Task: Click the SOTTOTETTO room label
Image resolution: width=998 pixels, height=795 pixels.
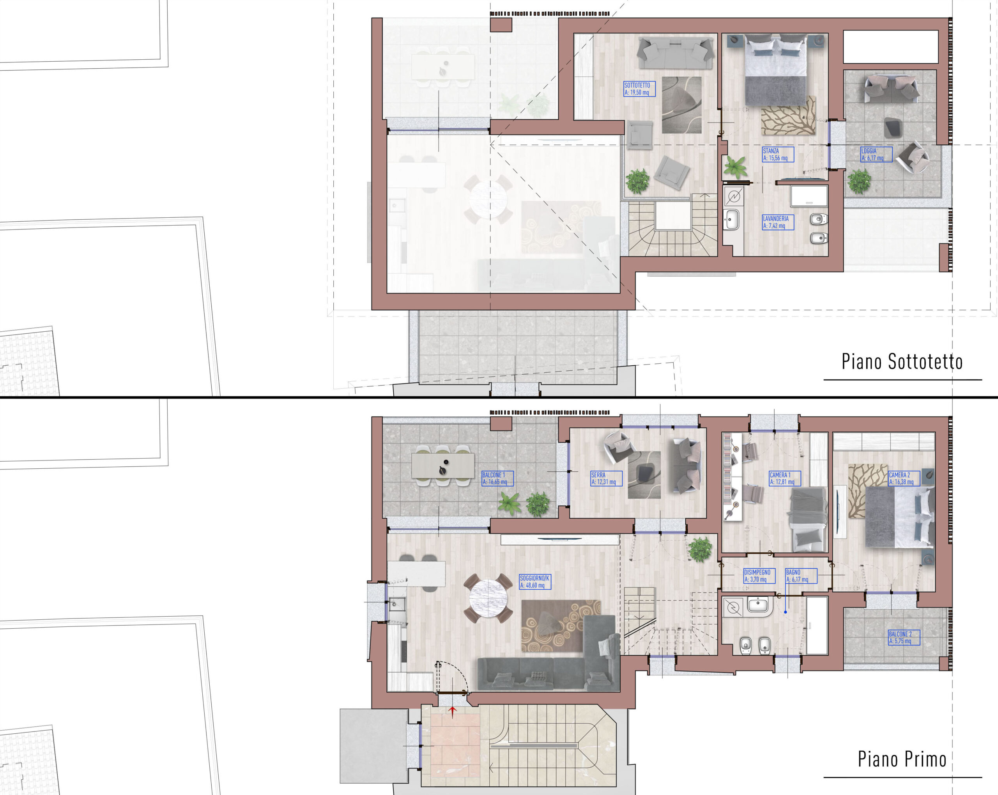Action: (x=639, y=89)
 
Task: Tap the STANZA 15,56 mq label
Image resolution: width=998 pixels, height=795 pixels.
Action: (x=778, y=154)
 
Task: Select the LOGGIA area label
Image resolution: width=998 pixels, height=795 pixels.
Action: (x=876, y=154)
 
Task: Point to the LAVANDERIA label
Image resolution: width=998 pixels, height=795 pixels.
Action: (x=778, y=222)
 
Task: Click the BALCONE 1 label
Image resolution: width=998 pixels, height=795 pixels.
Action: (x=497, y=478)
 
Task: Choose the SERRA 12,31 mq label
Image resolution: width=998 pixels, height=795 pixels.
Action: (x=606, y=478)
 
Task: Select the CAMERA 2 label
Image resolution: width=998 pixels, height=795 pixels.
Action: (x=904, y=478)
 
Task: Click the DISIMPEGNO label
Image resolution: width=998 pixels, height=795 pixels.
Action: (x=759, y=576)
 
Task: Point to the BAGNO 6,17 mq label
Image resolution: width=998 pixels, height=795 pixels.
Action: (x=801, y=576)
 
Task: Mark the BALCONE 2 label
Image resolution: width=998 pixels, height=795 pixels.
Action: (x=904, y=637)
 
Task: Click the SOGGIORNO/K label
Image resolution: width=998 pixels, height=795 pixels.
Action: (x=534, y=582)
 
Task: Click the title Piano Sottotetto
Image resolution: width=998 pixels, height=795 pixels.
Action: (x=902, y=362)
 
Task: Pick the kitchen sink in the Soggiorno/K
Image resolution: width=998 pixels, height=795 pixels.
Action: (x=397, y=604)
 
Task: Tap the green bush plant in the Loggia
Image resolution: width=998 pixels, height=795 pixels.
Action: (x=860, y=181)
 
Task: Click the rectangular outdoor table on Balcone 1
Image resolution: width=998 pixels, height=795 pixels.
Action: (x=442, y=466)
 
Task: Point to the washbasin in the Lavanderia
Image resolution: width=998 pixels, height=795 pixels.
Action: (x=732, y=220)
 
